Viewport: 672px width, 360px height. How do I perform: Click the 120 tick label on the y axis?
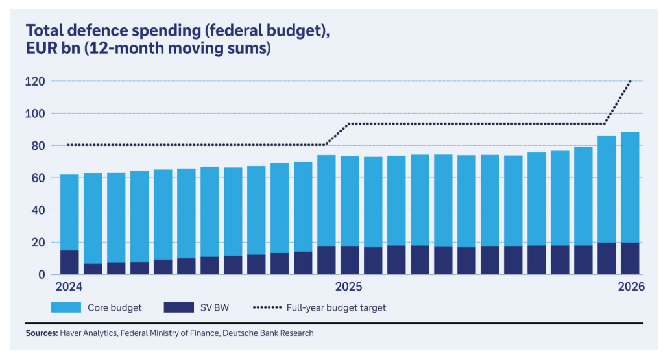click(35, 82)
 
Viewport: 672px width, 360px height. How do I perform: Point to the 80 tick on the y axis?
click(37, 146)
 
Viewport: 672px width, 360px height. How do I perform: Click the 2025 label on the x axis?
click(349, 287)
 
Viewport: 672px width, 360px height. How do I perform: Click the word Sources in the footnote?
click(42, 333)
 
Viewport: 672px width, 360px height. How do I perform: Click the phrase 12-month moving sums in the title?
click(200, 49)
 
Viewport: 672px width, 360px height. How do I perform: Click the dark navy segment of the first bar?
click(69, 262)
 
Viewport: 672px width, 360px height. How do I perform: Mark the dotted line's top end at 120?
click(630, 81)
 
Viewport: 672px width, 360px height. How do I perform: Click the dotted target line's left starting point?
click(68, 145)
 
